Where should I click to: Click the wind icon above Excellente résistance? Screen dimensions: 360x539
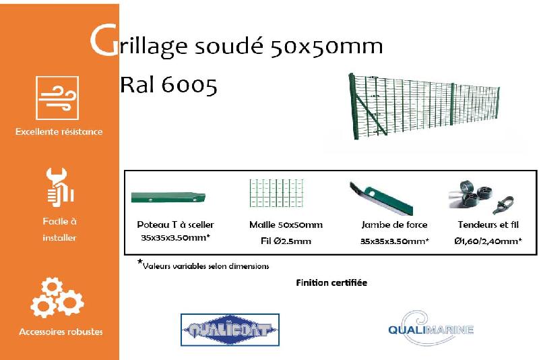57,98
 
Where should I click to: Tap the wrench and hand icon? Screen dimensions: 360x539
59,187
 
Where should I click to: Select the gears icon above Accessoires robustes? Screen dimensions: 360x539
57,297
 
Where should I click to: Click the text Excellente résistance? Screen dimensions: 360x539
59,131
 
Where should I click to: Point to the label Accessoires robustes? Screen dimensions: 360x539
61,332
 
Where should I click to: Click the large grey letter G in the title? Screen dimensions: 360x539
102,42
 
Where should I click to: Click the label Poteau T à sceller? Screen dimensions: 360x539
176,225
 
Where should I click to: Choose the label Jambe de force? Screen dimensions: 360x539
395,225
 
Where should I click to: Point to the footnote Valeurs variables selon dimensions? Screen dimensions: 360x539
205,266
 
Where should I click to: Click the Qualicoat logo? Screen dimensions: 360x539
230,330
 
